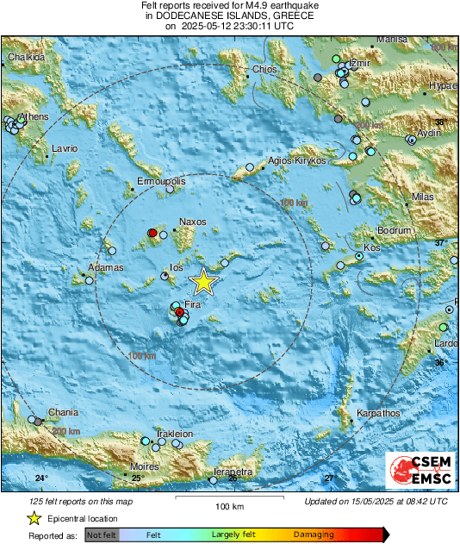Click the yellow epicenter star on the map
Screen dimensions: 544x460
[203, 281]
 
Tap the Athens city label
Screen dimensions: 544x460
[34, 116]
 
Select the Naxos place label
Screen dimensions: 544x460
[191, 222]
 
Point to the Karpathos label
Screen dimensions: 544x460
[378, 413]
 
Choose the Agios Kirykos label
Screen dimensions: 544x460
[298, 160]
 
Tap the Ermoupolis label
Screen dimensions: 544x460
[162, 182]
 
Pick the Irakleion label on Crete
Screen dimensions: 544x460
[175, 433]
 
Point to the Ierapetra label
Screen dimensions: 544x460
[233, 472]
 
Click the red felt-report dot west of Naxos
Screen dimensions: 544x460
[152, 233]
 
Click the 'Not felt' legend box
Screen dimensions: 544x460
[103, 535]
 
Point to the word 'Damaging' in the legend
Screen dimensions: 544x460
[314, 535]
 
